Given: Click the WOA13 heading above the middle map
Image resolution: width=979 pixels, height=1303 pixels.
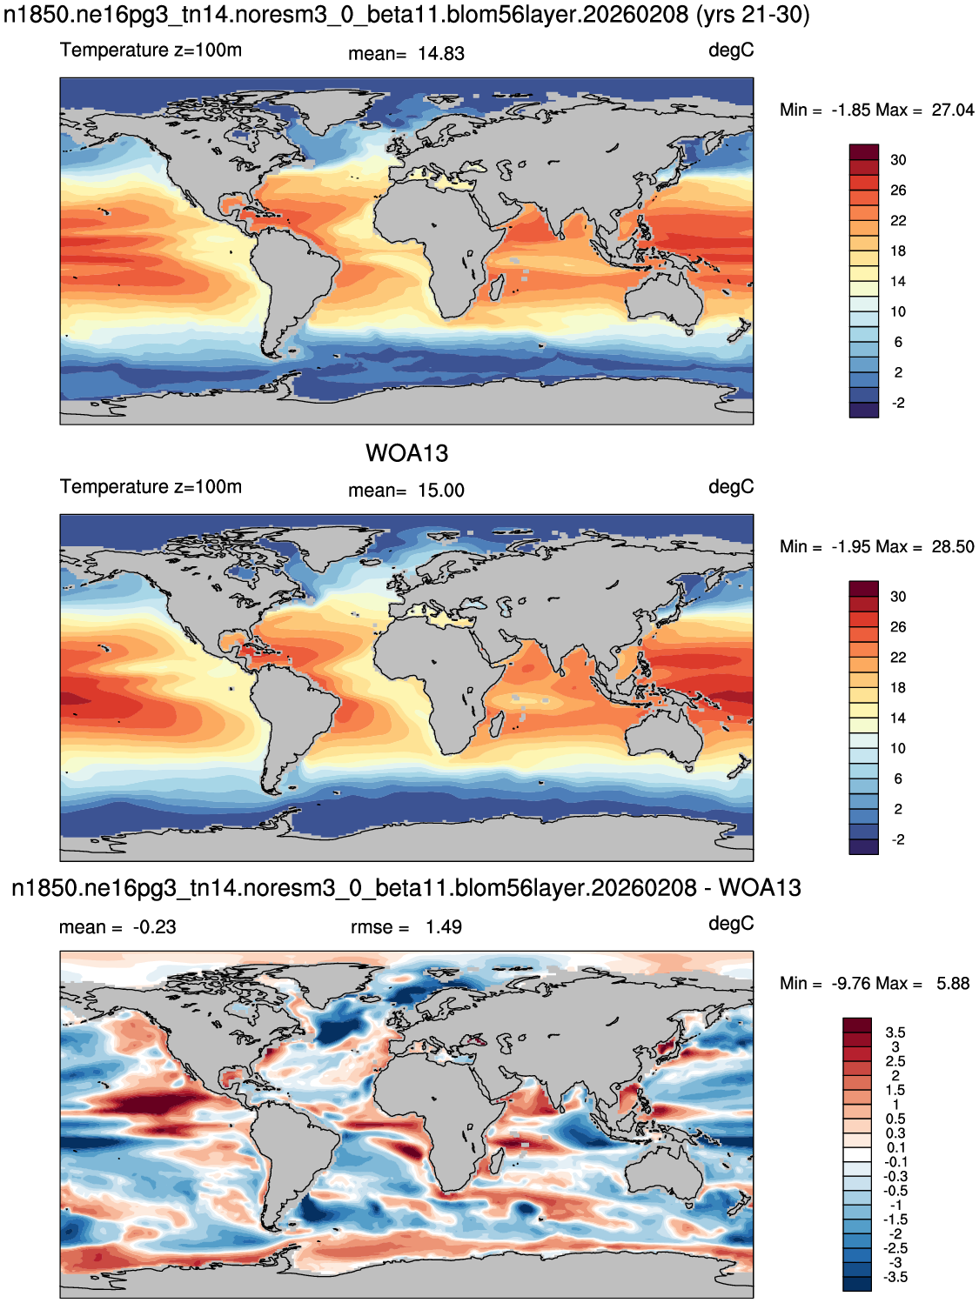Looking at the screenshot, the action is point(406,453).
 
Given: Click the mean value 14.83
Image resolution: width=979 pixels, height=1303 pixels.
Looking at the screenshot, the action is point(440,53).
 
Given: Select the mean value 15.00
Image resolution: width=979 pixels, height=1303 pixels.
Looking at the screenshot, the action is point(440,491).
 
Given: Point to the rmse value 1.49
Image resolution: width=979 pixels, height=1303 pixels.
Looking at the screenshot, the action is point(444,926).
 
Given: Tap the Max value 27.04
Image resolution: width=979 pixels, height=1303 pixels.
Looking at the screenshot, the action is point(952,110).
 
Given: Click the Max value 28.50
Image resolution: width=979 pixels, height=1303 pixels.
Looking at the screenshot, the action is point(952,546).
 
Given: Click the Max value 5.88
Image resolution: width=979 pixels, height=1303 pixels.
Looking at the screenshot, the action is point(953,983).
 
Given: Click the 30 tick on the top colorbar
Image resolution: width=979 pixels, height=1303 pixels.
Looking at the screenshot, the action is point(898,160).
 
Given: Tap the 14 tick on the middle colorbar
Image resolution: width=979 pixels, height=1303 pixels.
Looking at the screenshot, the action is point(898,718).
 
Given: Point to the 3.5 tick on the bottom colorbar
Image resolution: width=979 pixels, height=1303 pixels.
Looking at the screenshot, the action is point(895,1032).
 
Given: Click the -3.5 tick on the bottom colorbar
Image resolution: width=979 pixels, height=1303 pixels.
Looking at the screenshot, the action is point(895,1277).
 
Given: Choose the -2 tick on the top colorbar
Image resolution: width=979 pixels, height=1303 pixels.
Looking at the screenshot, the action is point(898,403).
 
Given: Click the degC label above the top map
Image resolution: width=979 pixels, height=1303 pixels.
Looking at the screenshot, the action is point(731,50).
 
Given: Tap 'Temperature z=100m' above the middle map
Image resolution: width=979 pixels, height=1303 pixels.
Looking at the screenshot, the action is point(151,487).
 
